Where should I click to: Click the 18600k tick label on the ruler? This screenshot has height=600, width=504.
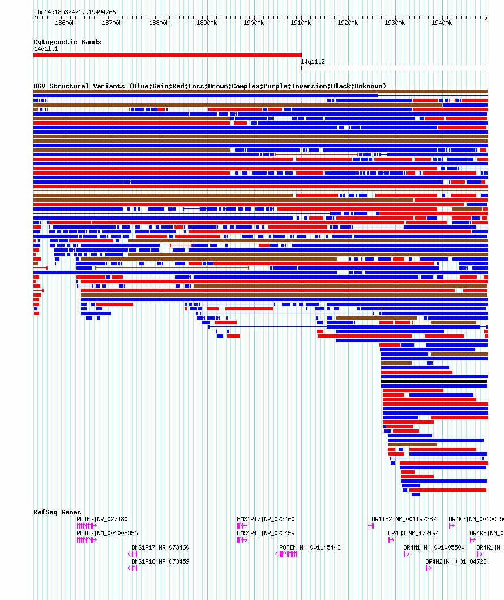click(65, 23)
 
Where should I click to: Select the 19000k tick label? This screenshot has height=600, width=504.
click(253, 23)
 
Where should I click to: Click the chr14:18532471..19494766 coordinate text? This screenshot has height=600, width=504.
click(75, 12)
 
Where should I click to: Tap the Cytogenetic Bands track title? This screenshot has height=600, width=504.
click(67, 42)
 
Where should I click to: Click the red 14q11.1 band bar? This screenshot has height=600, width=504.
click(167, 55)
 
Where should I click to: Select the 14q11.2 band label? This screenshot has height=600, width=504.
click(313, 62)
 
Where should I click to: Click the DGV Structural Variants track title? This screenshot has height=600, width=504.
click(210, 86)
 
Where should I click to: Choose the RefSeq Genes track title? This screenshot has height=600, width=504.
click(57, 512)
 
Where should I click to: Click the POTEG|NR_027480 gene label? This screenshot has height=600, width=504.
click(102, 519)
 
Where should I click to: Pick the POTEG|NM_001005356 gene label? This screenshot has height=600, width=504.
click(107, 533)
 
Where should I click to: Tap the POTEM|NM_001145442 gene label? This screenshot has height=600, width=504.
click(310, 547)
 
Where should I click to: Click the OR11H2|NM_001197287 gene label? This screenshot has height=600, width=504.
click(404, 519)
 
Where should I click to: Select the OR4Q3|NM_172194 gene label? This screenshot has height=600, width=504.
click(413, 533)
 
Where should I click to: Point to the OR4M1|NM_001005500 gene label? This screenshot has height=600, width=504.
click(434, 547)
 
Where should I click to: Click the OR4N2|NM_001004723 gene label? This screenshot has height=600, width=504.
click(456, 561)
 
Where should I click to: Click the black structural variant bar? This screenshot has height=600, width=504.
click(434, 381)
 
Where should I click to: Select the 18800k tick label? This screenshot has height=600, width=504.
click(159, 23)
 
